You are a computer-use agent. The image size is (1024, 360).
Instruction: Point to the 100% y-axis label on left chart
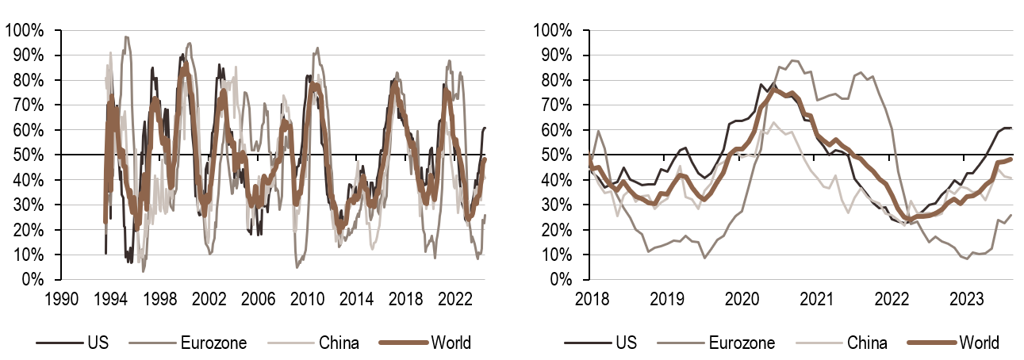(27, 31)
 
